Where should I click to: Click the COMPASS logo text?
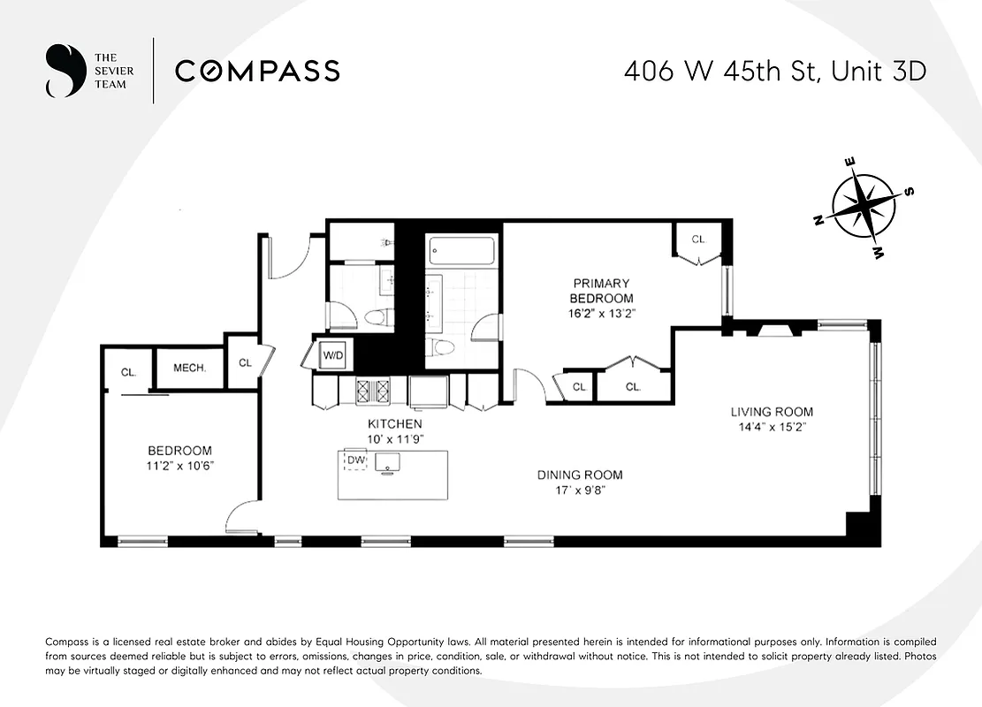click(x=257, y=71)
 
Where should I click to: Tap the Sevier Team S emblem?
click(x=61, y=71)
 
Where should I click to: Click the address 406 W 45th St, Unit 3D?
click(x=774, y=71)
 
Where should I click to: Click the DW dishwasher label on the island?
click(x=355, y=460)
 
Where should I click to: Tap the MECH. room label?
click(x=189, y=368)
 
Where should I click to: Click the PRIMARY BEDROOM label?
click(x=601, y=291)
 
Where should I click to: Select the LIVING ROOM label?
click(x=771, y=412)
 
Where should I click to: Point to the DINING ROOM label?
click(x=579, y=475)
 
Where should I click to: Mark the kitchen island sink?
click(x=388, y=461)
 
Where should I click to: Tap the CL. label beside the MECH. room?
click(x=128, y=372)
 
